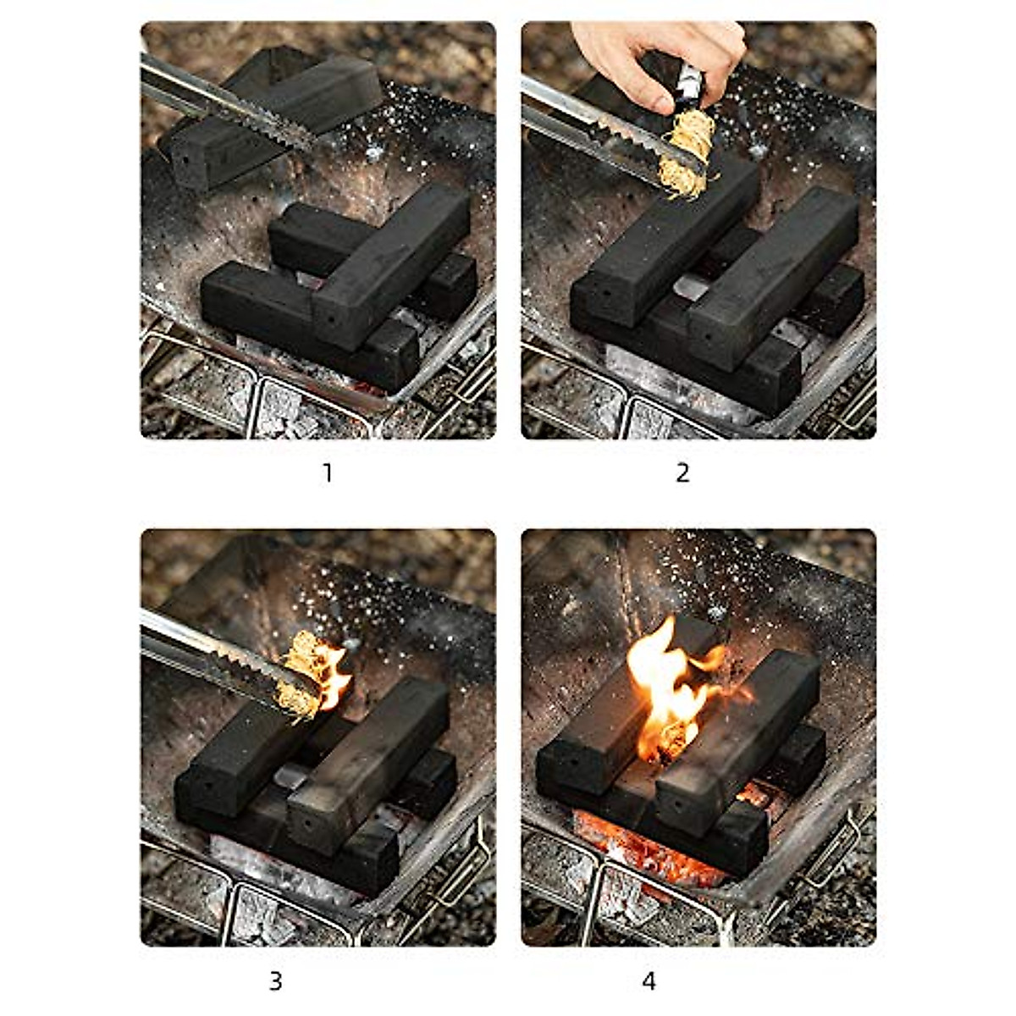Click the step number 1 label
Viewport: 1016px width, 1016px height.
(328, 472)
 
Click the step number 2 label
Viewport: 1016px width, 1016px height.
(682, 472)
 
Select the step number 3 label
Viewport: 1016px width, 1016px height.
(275, 981)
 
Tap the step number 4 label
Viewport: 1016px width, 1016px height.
(649, 981)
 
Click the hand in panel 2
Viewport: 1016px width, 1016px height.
(656, 59)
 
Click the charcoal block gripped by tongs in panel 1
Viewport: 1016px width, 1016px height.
(271, 114)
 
